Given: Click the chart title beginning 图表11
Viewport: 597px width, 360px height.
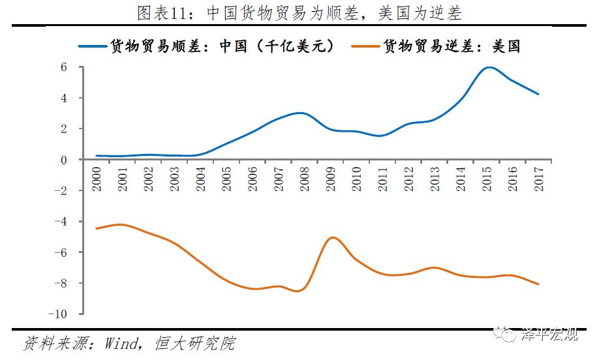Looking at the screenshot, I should point(299,12).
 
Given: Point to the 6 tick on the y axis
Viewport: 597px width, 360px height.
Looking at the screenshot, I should point(65,67).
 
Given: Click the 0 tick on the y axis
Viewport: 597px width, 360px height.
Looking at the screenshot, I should point(65,160).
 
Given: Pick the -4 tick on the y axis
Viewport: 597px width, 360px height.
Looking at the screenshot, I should point(61,222).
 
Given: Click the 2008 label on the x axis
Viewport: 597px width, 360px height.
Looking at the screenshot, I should point(305,178).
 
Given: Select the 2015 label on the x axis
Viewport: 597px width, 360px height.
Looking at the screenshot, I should point(487,178).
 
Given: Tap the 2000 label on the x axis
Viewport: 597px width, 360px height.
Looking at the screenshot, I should point(97,178).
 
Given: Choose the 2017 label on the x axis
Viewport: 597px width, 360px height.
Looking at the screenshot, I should point(539,178).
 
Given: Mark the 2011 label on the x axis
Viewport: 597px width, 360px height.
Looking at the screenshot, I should point(382,178).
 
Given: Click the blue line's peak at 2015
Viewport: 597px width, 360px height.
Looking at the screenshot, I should point(487,67).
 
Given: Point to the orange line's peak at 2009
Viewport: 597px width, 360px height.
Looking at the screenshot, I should point(332,237).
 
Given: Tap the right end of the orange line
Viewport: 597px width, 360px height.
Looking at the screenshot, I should point(538,284).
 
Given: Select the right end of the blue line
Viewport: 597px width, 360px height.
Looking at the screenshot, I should point(538,94).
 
